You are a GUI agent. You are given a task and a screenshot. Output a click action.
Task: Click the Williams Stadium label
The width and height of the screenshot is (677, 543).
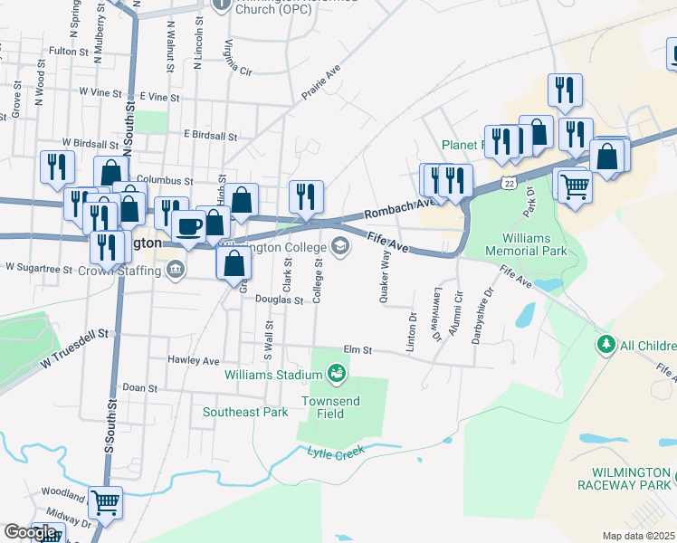pos(272,372)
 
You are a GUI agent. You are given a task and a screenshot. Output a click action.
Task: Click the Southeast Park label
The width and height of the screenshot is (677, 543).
pos(245,413)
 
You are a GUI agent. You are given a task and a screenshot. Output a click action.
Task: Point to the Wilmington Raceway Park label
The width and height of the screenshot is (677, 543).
pos(632,479)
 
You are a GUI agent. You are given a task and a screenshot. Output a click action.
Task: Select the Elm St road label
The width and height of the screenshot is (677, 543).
pos(358,349)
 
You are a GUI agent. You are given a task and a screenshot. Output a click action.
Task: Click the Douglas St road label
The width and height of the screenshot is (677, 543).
pos(278,299)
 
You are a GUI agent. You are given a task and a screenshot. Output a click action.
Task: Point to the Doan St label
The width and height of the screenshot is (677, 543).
pos(140,387)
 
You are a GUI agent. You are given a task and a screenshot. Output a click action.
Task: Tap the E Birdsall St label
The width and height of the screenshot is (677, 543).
pos(210,136)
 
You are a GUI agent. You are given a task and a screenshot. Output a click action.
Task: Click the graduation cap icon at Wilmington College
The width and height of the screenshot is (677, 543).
pos(340,245)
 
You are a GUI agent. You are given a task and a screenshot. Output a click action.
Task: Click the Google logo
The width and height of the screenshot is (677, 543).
pos(30,531)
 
